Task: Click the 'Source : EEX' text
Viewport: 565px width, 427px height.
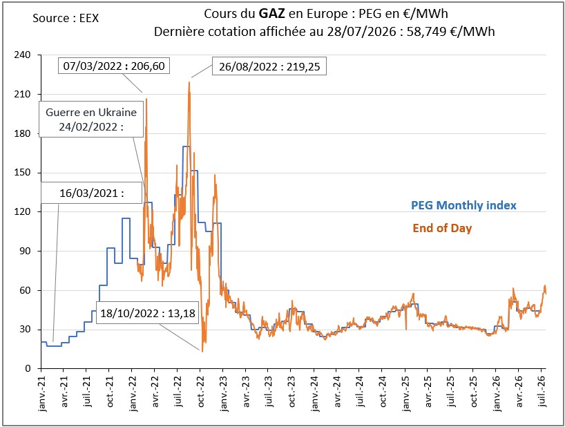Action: point(66,18)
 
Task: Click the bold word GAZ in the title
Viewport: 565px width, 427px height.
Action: point(272,14)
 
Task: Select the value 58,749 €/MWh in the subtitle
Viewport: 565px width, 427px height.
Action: point(451,32)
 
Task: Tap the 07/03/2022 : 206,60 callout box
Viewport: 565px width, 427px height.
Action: point(114,66)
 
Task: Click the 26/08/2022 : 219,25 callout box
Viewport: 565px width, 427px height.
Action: point(269,66)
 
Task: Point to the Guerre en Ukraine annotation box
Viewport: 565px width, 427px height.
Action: point(91,120)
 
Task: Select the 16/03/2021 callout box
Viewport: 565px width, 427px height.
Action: point(92,193)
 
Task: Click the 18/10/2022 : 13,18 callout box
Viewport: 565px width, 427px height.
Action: point(147,313)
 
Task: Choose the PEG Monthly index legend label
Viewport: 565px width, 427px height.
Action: point(463,205)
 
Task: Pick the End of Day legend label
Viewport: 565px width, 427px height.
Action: point(442,228)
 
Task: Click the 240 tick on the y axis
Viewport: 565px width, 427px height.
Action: point(22,55)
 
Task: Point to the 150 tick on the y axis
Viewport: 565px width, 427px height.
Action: point(22,173)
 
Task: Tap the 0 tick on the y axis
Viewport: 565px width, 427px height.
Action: point(28,369)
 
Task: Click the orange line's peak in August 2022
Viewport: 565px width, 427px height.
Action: point(189,82)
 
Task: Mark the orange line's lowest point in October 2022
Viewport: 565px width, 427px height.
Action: point(202,351)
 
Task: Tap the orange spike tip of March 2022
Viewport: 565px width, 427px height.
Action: point(146,98)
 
